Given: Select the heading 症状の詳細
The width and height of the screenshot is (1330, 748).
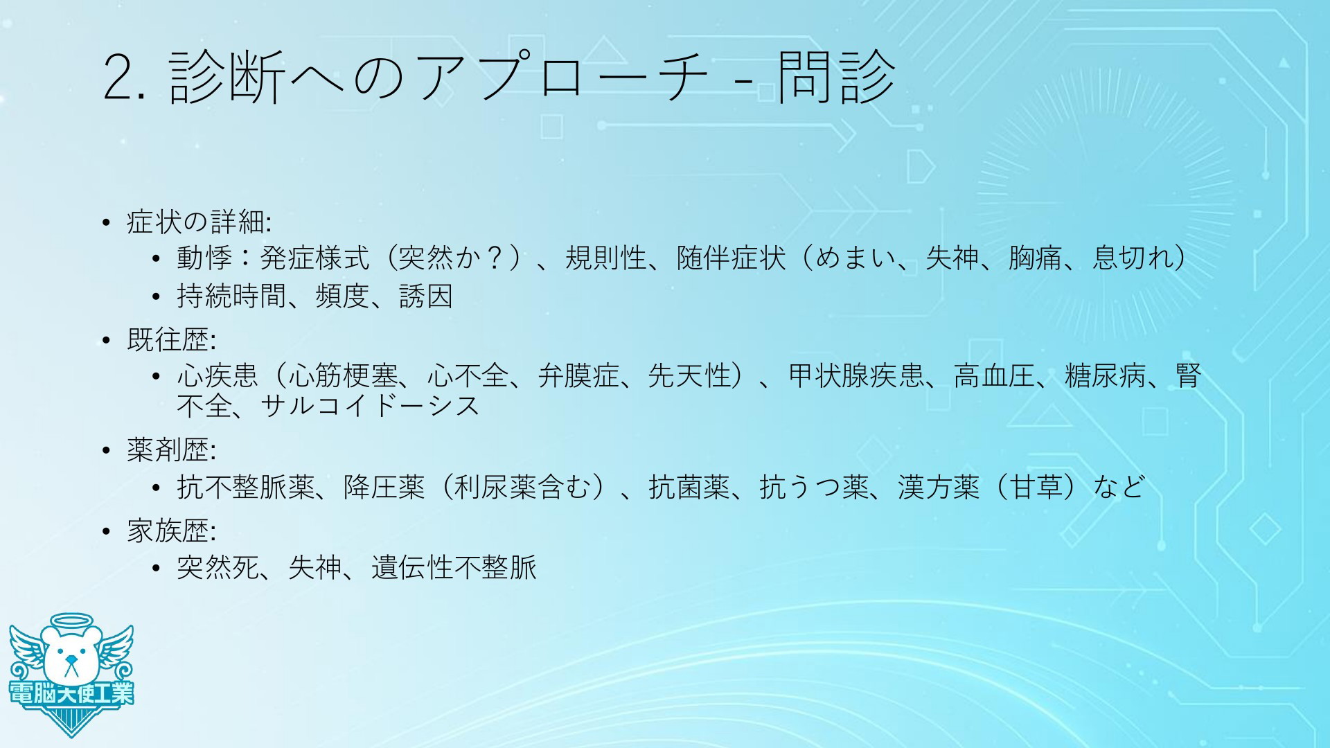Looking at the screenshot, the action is click(x=197, y=222).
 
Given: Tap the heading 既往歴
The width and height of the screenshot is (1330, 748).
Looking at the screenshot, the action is click(x=169, y=340).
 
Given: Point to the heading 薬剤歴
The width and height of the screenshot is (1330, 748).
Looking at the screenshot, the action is click(x=169, y=450).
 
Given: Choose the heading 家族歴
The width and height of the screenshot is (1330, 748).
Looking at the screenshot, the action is click(x=169, y=531).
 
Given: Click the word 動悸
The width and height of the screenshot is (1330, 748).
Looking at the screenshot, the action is click(x=204, y=258).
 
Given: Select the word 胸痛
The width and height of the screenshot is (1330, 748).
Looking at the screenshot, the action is click(x=1036, y=258).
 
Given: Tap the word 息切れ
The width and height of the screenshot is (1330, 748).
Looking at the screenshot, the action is click(x=1133, y=258).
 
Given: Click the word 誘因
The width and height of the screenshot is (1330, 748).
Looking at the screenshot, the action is click(x=426, y=296).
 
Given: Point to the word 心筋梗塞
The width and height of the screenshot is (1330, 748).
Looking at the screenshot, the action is click(x=344, y=376).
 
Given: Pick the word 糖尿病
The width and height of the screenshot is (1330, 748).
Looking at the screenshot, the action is click(x=1106, y=376).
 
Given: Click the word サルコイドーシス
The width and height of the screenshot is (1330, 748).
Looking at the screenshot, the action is click(x=370, y=406).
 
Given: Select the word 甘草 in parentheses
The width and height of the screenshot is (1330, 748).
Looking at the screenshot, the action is click(x=1036, y=487).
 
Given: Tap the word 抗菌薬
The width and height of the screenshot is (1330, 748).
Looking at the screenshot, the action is click(x=689, y=487).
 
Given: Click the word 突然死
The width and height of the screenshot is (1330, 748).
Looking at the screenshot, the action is click(x=218, y=568).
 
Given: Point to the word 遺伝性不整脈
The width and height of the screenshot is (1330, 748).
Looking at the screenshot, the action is click(x=454, y=568).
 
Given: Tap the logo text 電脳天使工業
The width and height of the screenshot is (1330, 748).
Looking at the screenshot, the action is click(x=71, y=693).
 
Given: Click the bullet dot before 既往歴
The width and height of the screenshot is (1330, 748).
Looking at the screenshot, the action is click(x=106, y=341).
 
